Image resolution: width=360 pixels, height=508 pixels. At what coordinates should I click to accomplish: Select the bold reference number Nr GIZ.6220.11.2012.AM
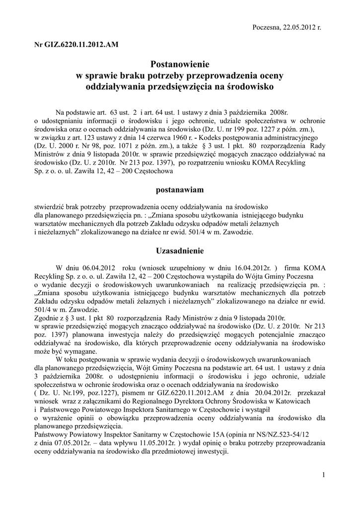coord(76,45)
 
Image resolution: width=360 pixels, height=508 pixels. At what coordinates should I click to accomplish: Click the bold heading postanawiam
coord(179,190)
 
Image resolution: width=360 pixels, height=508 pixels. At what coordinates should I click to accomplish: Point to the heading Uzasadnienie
coord(179,251)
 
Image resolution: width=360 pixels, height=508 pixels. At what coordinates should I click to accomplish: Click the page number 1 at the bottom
coord(323,476)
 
